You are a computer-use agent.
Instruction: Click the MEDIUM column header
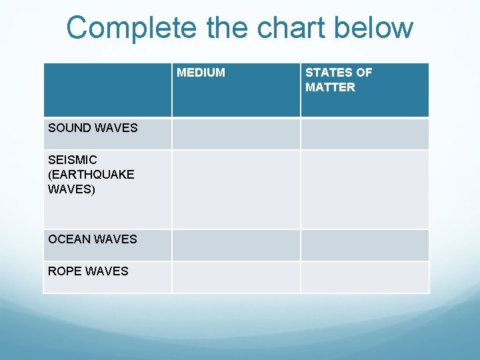coord(201,73)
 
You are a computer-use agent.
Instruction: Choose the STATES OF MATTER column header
coord(338,79)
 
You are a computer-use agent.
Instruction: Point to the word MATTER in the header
coord(330,87)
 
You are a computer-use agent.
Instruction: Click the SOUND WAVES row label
coord(93,127)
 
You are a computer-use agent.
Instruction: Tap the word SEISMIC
coord(73,160)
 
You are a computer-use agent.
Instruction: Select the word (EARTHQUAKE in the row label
coord(91,175)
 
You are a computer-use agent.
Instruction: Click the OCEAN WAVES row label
coord(93,239)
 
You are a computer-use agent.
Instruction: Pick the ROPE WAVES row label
coord(88,271)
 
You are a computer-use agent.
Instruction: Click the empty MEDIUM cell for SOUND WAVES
coord(236,133)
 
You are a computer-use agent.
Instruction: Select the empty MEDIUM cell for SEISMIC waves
coord(236,189)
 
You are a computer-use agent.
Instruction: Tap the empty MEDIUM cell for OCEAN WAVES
coord(236,245)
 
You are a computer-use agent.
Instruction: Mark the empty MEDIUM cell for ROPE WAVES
coord(236,277)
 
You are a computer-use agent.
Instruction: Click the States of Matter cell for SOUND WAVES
coord(365,133)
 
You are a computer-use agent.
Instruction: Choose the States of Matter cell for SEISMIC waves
coord(365,189)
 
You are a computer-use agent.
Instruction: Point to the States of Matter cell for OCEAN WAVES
coord(365,245)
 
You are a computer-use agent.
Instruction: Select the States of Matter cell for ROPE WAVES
coord(365,277)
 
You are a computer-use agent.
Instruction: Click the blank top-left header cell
coord(107,90)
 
